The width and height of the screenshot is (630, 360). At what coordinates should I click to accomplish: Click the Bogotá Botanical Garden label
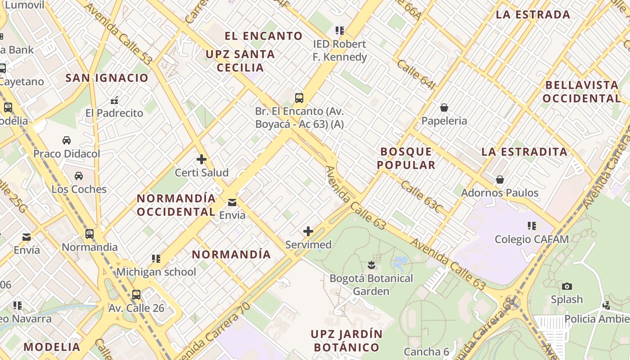pyautogui.click(x=371, y=284)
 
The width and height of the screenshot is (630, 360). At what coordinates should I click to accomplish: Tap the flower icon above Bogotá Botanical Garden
pyautogui.click(x=371, y=265)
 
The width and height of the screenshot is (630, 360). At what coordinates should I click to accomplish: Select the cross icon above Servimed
pyautogui.click(x=308, y=231)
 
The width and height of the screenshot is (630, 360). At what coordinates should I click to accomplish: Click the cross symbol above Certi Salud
pyautogui.click(x=202, y=159)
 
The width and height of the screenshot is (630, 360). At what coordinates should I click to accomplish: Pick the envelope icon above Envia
pyautogui.click(x=232, y=202)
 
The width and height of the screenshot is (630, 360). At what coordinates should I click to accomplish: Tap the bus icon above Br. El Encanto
pyautogui.click(x=299, y=98)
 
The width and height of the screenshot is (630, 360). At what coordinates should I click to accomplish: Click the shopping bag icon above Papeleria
pyautogui.click(x=444, y=108)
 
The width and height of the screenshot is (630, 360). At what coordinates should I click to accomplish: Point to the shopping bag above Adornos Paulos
pyautogui.click(x=500, y=180)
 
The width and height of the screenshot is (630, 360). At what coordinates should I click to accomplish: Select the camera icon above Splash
pyautogui.click(x=567, y=286)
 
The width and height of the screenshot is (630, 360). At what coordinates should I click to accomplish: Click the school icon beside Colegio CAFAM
pyautogui.click(x=532, y=225)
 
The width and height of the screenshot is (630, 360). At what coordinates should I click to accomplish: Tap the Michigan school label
pyautogui.click(x=156, y=272)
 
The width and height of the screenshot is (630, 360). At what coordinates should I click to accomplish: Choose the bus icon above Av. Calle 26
pyautogui.click(x=136, y=295)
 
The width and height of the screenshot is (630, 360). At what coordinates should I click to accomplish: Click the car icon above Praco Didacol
pyautogui.click(x=67, y=140)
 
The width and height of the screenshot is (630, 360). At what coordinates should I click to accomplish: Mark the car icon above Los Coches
pyautogui.click(x=79, y=175)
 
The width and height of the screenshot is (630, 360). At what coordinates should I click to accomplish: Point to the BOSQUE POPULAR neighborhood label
pyautogui.click(x=406, y=158)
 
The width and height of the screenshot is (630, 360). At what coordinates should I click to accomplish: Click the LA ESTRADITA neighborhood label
pyautogui.click(x=524, y=152)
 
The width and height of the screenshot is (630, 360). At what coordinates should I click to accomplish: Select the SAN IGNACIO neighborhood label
pyautogui.click(x=107, y=78)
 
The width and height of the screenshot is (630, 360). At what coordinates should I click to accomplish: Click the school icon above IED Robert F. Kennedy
pyautogui.click(x=340, y=31)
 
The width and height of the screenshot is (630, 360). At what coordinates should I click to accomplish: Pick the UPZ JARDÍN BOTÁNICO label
pyautogui.click(x=346, y=341)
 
